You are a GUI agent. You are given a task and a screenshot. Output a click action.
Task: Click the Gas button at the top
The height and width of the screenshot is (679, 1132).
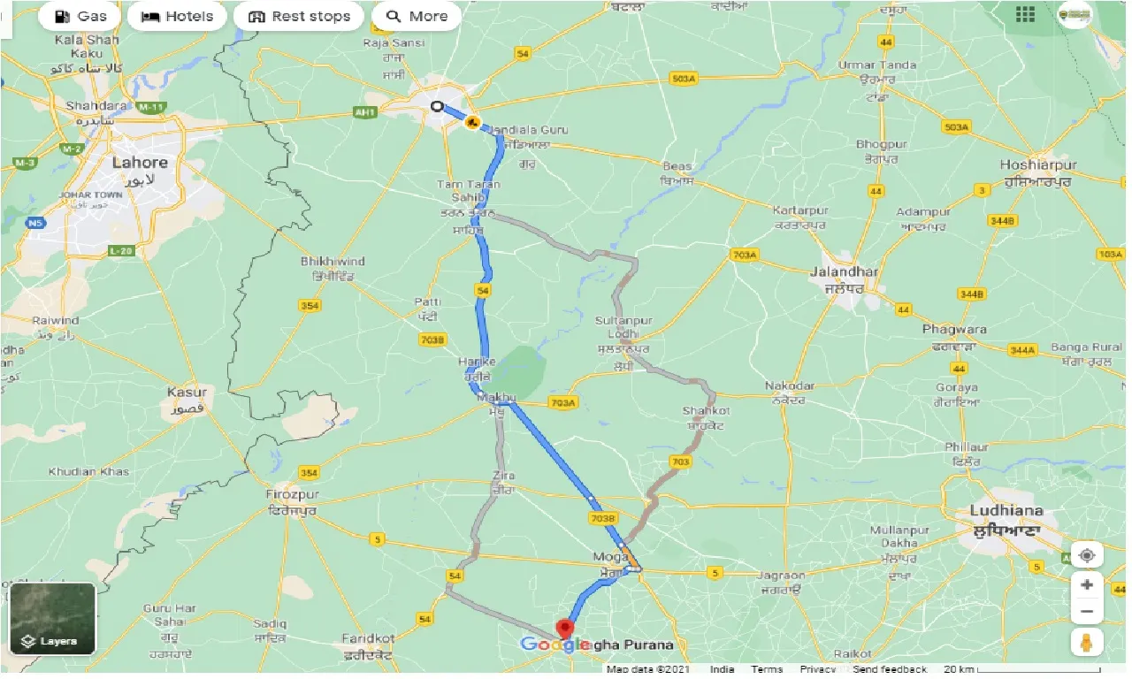tap(80, 16)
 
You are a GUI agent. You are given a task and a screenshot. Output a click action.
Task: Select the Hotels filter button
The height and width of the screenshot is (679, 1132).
tap(178, 16)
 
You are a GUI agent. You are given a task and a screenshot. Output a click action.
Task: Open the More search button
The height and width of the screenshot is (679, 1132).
tap(417, 16)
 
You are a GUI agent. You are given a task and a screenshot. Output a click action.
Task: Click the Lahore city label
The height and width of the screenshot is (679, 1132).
tap(140, 163)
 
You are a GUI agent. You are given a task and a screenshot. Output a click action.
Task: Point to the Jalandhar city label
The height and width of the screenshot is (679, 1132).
tap(844, 271)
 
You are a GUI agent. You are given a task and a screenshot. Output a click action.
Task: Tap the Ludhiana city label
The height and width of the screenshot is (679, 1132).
tap(1006, 510)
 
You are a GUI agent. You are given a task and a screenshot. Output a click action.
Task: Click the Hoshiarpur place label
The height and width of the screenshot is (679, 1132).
tap(1038, 165)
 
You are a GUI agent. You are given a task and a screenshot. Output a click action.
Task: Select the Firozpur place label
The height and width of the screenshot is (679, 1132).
tap(292, 494)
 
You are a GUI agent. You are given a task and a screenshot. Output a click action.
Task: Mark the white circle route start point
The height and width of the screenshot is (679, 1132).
tap(436, 107)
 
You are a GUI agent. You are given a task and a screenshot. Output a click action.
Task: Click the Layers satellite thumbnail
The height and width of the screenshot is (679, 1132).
tap(52, 618)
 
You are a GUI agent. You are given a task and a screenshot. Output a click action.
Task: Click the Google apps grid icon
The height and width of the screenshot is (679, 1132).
tap(1025, 14)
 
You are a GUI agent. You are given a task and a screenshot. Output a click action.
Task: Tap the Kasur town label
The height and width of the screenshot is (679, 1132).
tap(187, 392)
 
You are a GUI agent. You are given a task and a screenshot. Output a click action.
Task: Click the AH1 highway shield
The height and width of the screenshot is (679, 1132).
tap(364, 112)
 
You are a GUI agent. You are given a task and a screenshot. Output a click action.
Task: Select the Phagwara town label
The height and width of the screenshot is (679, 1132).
tap(954, 329)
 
